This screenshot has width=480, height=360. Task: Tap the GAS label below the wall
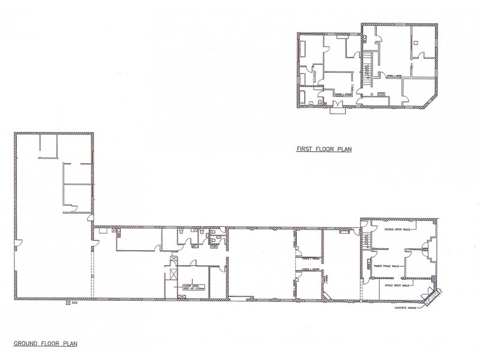tap(74, 304)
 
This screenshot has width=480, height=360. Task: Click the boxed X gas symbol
tap(68, 304)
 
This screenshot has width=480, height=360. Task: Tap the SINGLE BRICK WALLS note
tap(397, 286)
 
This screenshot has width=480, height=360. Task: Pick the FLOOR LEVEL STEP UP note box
tap(194, 286)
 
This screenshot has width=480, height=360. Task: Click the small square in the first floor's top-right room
tap(416, 43)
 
